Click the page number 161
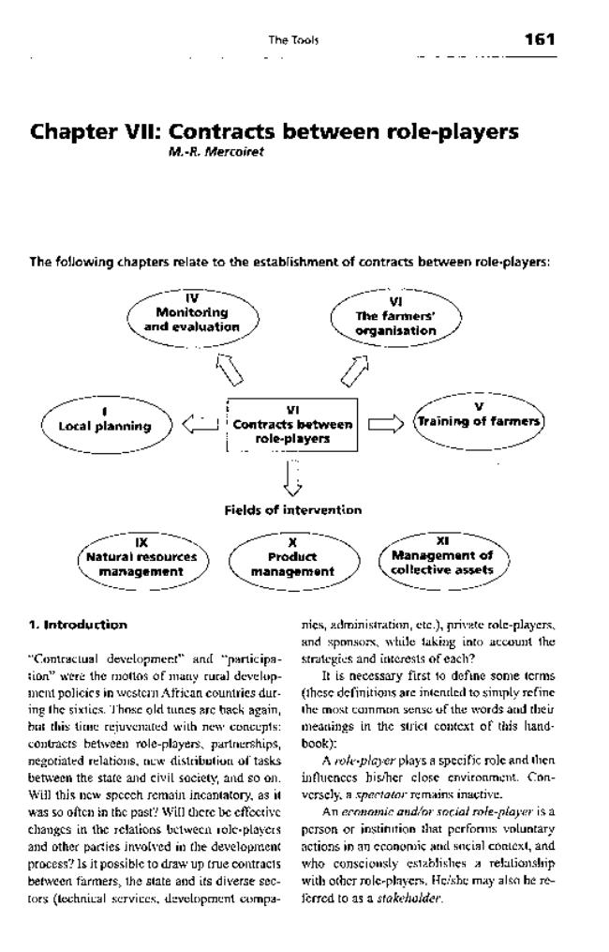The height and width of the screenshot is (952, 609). pyautogui.click(x=540, y=38)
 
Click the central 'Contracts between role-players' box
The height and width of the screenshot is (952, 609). pyautogui.click(x=292, y=423)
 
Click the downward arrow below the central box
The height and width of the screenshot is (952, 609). pyautogui.click(x=293, y=477)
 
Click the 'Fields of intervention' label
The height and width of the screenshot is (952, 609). pyautogui.click(x=292, y=510)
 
